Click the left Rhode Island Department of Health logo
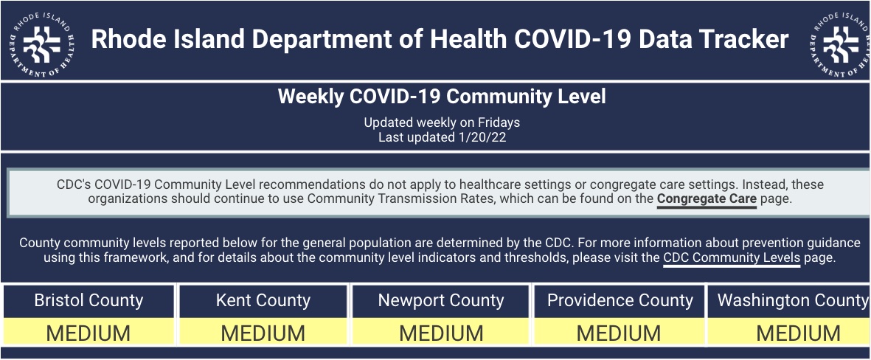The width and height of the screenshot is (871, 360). (x=42, y=44)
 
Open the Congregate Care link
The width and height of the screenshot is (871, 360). (x=707, y=199)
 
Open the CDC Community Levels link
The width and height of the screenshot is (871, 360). (x=732, y=257)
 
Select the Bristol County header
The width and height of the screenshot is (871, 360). (x=89, y=300)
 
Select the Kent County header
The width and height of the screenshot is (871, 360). (x=263, y=300)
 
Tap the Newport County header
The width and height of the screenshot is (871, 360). (x=441, y=300)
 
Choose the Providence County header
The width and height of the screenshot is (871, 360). (x=620, y=300)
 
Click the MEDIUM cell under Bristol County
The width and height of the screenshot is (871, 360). (x=89, y=332)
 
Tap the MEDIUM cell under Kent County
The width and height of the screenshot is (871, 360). (x=263, y=332)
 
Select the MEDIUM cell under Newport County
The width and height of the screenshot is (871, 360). (x=441, y=332)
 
